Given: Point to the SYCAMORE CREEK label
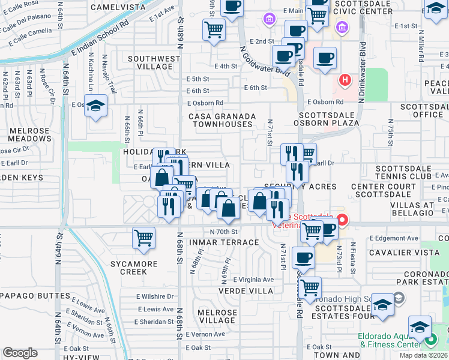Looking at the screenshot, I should [128, 268].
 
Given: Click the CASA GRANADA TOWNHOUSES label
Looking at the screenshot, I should [222, 120].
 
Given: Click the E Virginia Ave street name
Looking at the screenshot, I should [253, 280].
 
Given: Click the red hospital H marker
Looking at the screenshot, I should [345, 79].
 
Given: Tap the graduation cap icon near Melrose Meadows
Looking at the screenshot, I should [95, 107].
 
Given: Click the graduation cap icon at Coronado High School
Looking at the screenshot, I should [382, 306].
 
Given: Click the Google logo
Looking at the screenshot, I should [20, 353].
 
